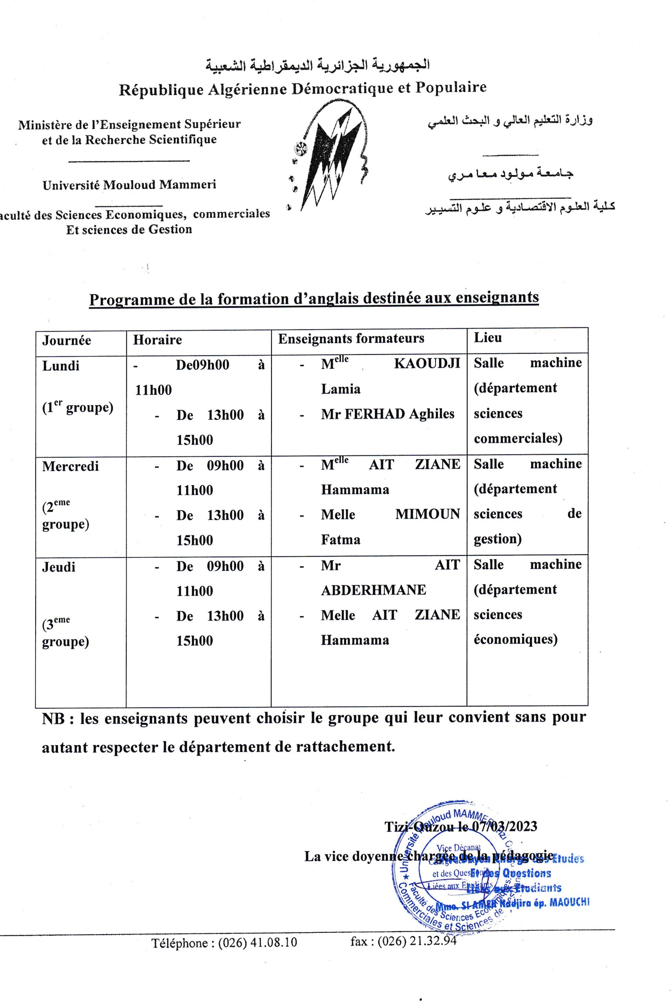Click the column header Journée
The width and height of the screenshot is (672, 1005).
tap(66, 340)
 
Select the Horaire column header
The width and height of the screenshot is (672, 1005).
tap(157, 340)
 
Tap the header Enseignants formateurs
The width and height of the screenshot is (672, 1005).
tap(351, 339)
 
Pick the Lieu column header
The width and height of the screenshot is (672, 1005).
tap(487, 338)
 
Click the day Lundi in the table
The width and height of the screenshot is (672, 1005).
tap(60, 366)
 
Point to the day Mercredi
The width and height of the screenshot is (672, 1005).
tap(70, 466)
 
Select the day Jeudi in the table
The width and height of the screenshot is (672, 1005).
tap(59, 567)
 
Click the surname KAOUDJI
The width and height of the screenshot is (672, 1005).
tap(427, 364)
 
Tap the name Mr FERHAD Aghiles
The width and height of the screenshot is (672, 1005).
tap(388, 414)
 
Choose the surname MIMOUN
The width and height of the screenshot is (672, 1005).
tap(427, 514)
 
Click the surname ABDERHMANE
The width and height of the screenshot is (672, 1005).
tap(373, 590)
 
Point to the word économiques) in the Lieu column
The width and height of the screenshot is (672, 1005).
tap(515, 640)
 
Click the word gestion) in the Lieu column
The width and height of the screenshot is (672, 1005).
tap(497, 539)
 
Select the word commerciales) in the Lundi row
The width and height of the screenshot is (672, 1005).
tap(518, 439)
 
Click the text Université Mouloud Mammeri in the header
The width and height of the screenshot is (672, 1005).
tap(129, 185)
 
